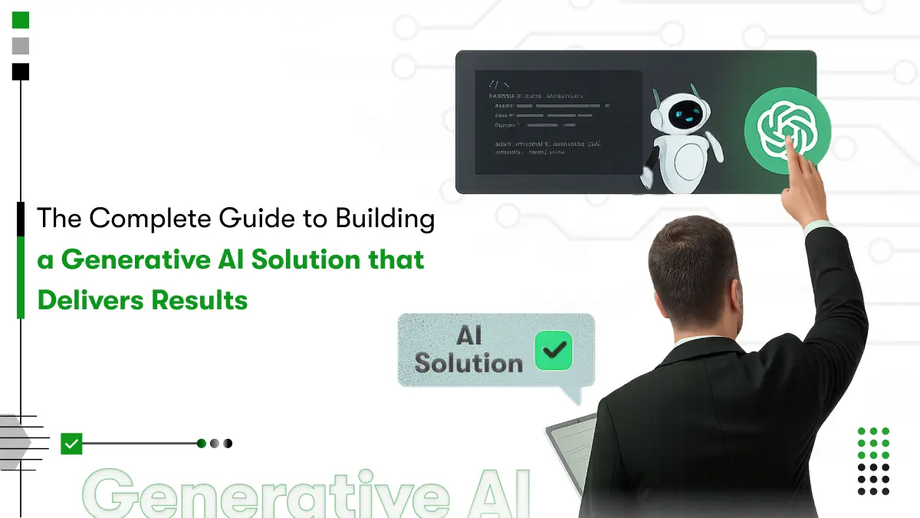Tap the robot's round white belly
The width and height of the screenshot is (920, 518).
(686, 162)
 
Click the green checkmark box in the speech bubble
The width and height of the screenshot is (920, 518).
(554, 351)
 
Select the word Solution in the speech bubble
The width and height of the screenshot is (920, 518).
(468, 363)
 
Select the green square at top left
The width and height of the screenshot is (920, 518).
(21, 20)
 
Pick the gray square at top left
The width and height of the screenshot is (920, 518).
(21, 46)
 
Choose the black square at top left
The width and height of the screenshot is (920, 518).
(21, 71)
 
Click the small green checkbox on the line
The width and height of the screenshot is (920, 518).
(71, 444)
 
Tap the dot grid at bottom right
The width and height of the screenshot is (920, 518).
(873, 461)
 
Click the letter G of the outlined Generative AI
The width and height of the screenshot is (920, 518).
(117, 496)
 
